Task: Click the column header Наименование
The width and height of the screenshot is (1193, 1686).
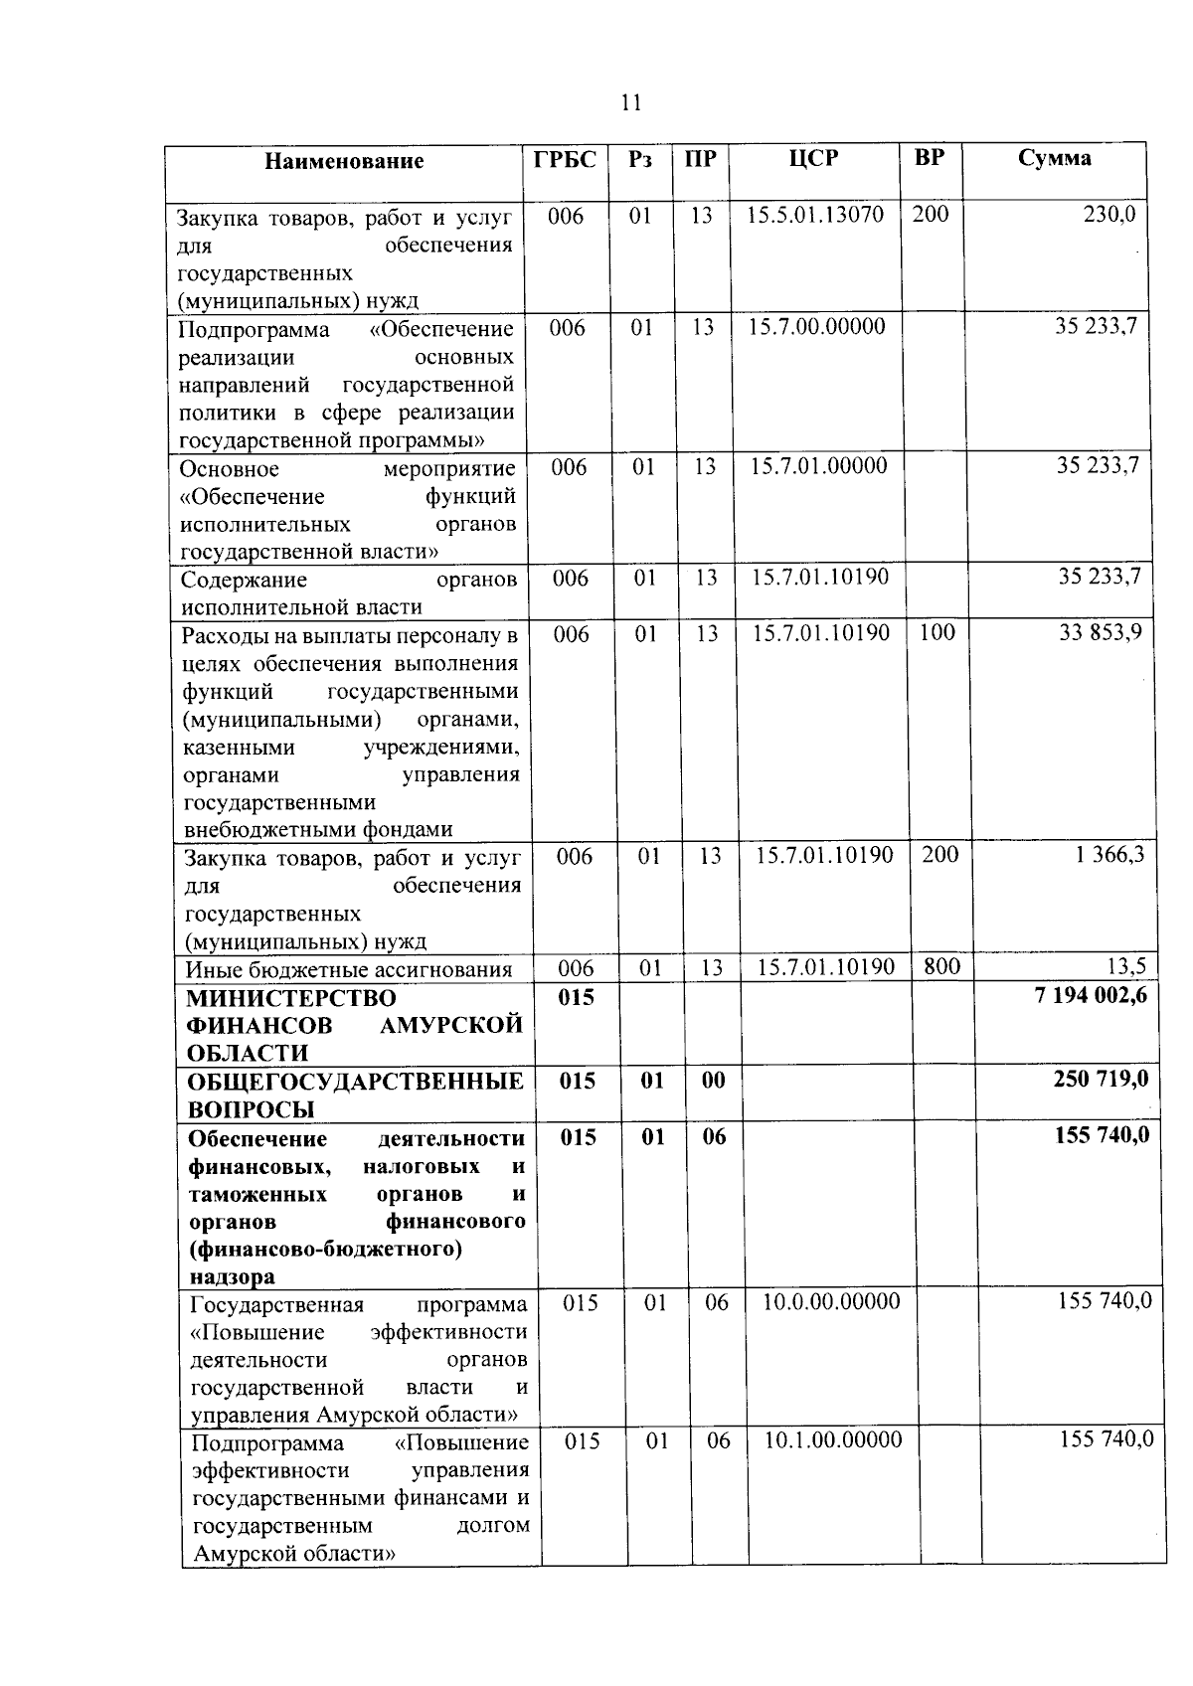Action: [x=344, y=161]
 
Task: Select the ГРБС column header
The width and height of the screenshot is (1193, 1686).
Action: [x=566, y=159]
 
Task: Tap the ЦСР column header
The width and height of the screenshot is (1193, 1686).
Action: [x=814, y=158]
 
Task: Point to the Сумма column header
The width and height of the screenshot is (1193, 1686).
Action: [x=1055, y=157]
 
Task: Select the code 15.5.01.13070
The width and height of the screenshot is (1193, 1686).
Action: [x=815, y=215]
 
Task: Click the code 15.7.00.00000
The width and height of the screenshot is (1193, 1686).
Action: [x=816, y=326]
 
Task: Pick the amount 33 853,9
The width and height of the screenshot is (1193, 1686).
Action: [x=1100, y=632]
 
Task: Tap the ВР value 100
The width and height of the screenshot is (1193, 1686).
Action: [x=937, y=632]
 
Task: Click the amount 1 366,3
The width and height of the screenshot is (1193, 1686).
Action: [x=1109, y=854]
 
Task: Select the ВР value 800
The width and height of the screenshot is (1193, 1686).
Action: [x=940, y=964]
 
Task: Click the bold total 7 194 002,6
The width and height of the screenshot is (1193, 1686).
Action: [x=1091, y=995]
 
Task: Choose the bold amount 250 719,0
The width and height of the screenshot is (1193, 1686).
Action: [x=1101, y=1079]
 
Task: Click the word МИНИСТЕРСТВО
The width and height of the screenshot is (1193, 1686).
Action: [x=291, y=998]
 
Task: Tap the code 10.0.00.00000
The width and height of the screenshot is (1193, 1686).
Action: [x=831, y=1301]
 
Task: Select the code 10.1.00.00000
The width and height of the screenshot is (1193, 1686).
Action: [x=833, y=1439]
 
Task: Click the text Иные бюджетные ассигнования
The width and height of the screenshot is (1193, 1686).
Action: [x=349, y=970]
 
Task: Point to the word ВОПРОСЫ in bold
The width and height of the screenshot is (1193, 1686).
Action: [x=252, y=1109]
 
